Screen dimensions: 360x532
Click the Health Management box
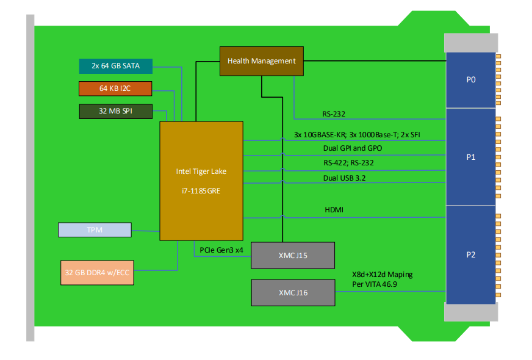click(261, 61)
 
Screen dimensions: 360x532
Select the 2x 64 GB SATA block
click(116, 66)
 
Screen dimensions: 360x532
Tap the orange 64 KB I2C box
click(115, 88)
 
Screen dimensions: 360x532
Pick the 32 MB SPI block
click(115, 111)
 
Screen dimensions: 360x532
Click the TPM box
click(95, 230)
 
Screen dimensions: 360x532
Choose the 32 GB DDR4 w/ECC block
click(98, 273)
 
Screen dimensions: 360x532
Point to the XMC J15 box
click(293, 255)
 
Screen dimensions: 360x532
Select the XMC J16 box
click(293, 293)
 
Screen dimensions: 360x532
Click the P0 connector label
click(470, 79)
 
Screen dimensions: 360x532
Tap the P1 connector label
click(470, 157)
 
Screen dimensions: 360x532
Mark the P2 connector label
click(470, 254)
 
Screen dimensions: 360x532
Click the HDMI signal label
click(334, 210)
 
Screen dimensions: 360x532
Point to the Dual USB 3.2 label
click(345, 178)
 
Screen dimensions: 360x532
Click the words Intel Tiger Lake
click(201, 171)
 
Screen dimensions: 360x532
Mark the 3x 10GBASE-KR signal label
click(317, 134)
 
